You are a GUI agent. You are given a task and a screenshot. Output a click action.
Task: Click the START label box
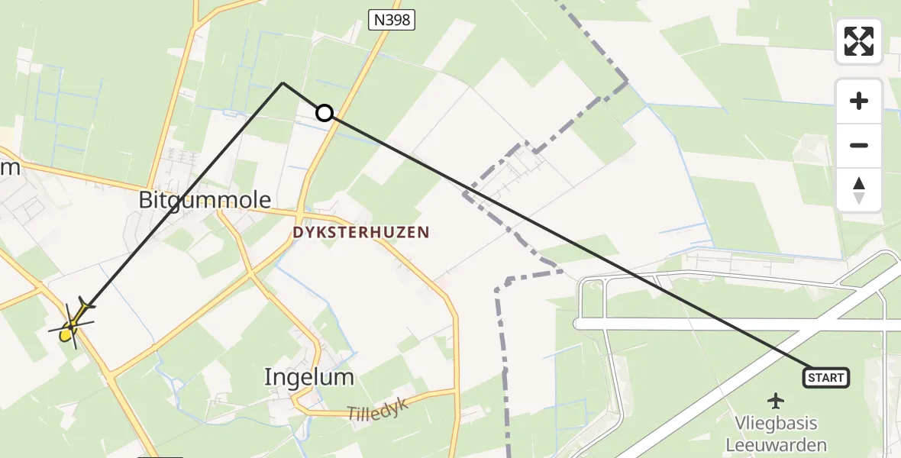tap(825, 377)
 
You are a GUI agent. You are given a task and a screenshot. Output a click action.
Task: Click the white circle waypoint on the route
tap(325, 113)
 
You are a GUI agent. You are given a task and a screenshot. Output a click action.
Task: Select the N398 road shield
tap(392, 21)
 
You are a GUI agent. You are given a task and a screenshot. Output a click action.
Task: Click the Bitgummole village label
tap(205, 200)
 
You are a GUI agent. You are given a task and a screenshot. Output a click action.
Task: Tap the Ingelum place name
tap(309, 376)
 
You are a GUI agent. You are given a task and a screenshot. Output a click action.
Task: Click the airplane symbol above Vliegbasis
tap(777, 400)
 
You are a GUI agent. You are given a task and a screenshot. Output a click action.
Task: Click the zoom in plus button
tap(859, 101)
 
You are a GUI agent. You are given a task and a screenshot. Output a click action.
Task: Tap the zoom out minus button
tap(859, 145)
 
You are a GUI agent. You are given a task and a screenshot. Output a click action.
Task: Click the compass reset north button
tap(859, 189)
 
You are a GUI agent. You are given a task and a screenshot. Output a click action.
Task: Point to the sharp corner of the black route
tap(283, 82)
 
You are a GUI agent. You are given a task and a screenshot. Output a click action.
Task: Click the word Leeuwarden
tap(777, 445)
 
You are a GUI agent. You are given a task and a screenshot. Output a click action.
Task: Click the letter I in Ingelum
tap(268, 376)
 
